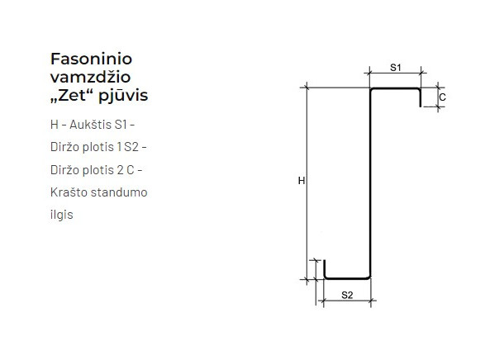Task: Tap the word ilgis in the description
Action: click(x=62, y=215)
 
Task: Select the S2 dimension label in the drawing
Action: click(x=346, y=294)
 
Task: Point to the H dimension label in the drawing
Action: click(x=302, y=181)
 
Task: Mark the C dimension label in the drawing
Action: click(x=443, y=97)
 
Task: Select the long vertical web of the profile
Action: click(x=369, y=182)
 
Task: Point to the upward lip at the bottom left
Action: click(x=324, y=270)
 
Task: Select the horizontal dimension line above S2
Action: click(x=346, y=302)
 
